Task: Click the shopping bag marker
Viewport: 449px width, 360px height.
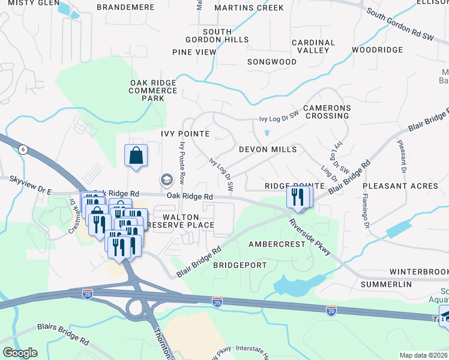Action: pyautogui.click(x=136, y=156)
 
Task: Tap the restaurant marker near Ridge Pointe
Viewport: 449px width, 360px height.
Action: pyautogui.click(x=298, y=196)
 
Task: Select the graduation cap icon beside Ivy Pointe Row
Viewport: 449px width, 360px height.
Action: pyautogui.click(x=165, y=179)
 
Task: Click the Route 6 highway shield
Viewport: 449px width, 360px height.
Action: pyautogui.click(x=22, y=151)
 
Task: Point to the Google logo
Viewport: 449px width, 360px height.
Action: pyautogui.click(x=20, y=353)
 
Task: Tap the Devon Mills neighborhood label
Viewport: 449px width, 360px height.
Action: pyautogui.click(x=268, y=149)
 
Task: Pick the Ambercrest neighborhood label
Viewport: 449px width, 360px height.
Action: pyautogui.click(x=277, y=245)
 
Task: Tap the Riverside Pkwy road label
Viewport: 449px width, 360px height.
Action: pyautogui.click(x=310, y=238)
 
